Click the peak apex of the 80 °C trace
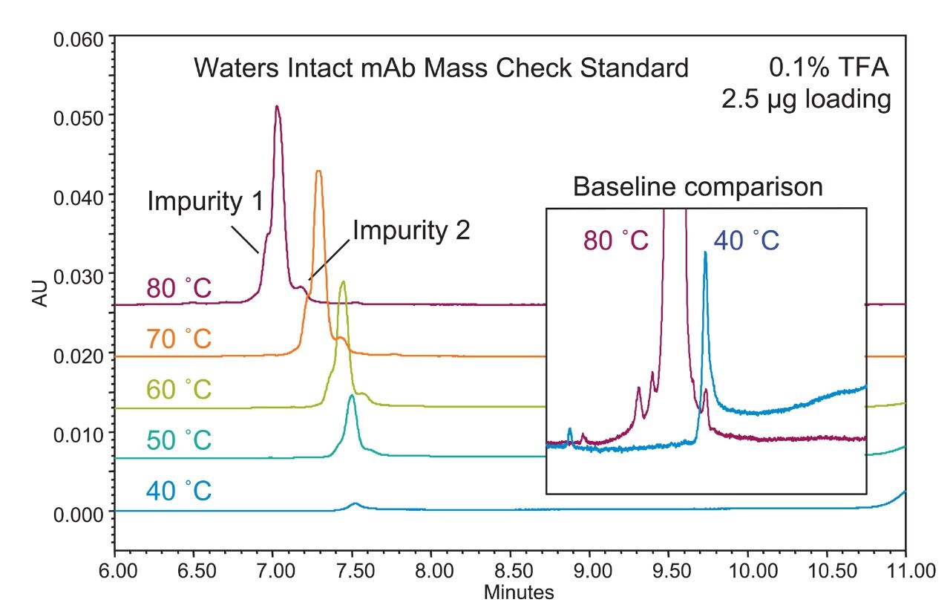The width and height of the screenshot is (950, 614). (277, 107)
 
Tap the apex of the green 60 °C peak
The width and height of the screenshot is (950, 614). (342, 282)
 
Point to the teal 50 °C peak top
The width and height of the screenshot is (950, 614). (351, 396)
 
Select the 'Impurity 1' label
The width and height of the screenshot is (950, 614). (205, 201)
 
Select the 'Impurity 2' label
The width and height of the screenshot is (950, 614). (410, 231)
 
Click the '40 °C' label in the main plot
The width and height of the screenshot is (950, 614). (179, 491)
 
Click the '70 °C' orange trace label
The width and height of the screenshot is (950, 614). (179, 339)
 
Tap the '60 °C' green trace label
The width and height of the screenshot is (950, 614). (179, 389)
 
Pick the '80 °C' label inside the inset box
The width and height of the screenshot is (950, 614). (615, 241)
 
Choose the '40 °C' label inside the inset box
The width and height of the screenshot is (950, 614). (746, 241)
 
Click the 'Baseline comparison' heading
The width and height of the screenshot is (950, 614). (697, 186)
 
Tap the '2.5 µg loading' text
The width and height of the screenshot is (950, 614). (806, 99)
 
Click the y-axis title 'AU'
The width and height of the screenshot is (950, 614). (40, 295)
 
